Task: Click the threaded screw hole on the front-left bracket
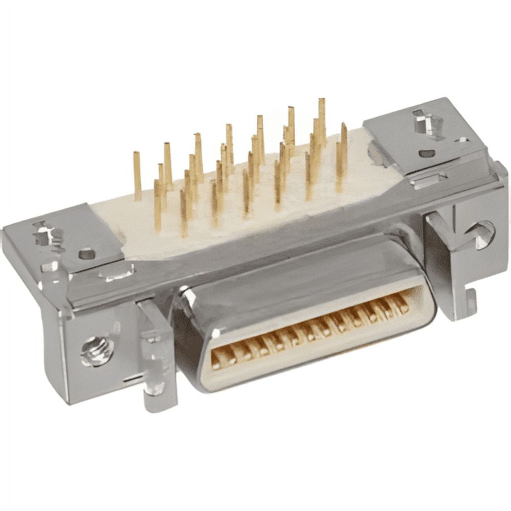click(97, 351)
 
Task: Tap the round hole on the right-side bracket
click(483, 234)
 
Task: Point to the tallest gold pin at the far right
click(322, 120)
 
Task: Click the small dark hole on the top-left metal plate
click(87, 253)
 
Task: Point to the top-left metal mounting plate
click(66, 235)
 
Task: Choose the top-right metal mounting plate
click(424, 133)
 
